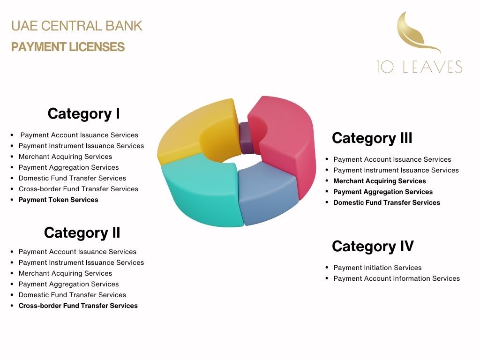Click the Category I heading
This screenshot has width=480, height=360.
[x=83, y=114]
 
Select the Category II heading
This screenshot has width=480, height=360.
[x=82, y=232]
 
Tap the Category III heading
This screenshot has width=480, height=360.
[x=372, y=138]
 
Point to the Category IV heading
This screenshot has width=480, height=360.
[x=373, y=247]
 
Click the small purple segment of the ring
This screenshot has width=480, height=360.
[x=246, y=138]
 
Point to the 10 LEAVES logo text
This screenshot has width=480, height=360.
[x=420, y=67]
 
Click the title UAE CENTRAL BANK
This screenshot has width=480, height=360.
[x=76, y=26]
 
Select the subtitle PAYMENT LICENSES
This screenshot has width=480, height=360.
[x=68, y=47]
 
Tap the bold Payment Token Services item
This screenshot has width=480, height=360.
[x=58, y=200]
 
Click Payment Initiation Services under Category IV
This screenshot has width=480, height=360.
[x=377, y=268]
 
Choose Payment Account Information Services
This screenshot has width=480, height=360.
[x=397, y=278]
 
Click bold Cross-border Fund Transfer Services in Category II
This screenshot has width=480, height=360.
[x=78, y=306]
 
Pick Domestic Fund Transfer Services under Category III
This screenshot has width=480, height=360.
[x=387, y=202]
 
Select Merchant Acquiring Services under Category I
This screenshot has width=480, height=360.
[x=65, y=157]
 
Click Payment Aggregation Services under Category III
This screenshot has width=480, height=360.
[x=383, y=192]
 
